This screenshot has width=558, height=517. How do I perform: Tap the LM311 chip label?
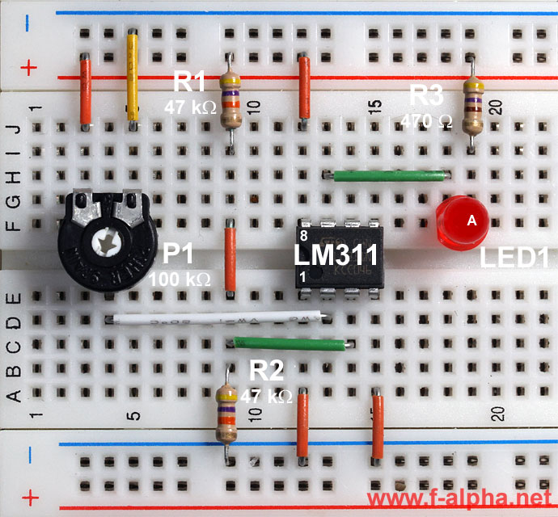(x=336, y=256)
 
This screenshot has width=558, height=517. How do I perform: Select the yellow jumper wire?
(x=133, y=77)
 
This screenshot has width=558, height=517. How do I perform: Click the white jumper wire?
(x=218, y=317)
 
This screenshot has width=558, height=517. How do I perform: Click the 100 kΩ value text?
(x=180, y=280)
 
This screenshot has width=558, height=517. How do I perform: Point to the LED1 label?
(x=514, y=258)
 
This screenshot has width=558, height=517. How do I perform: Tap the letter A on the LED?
(x=472, y=220)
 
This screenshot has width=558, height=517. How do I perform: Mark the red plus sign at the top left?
(x=29, y=68)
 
